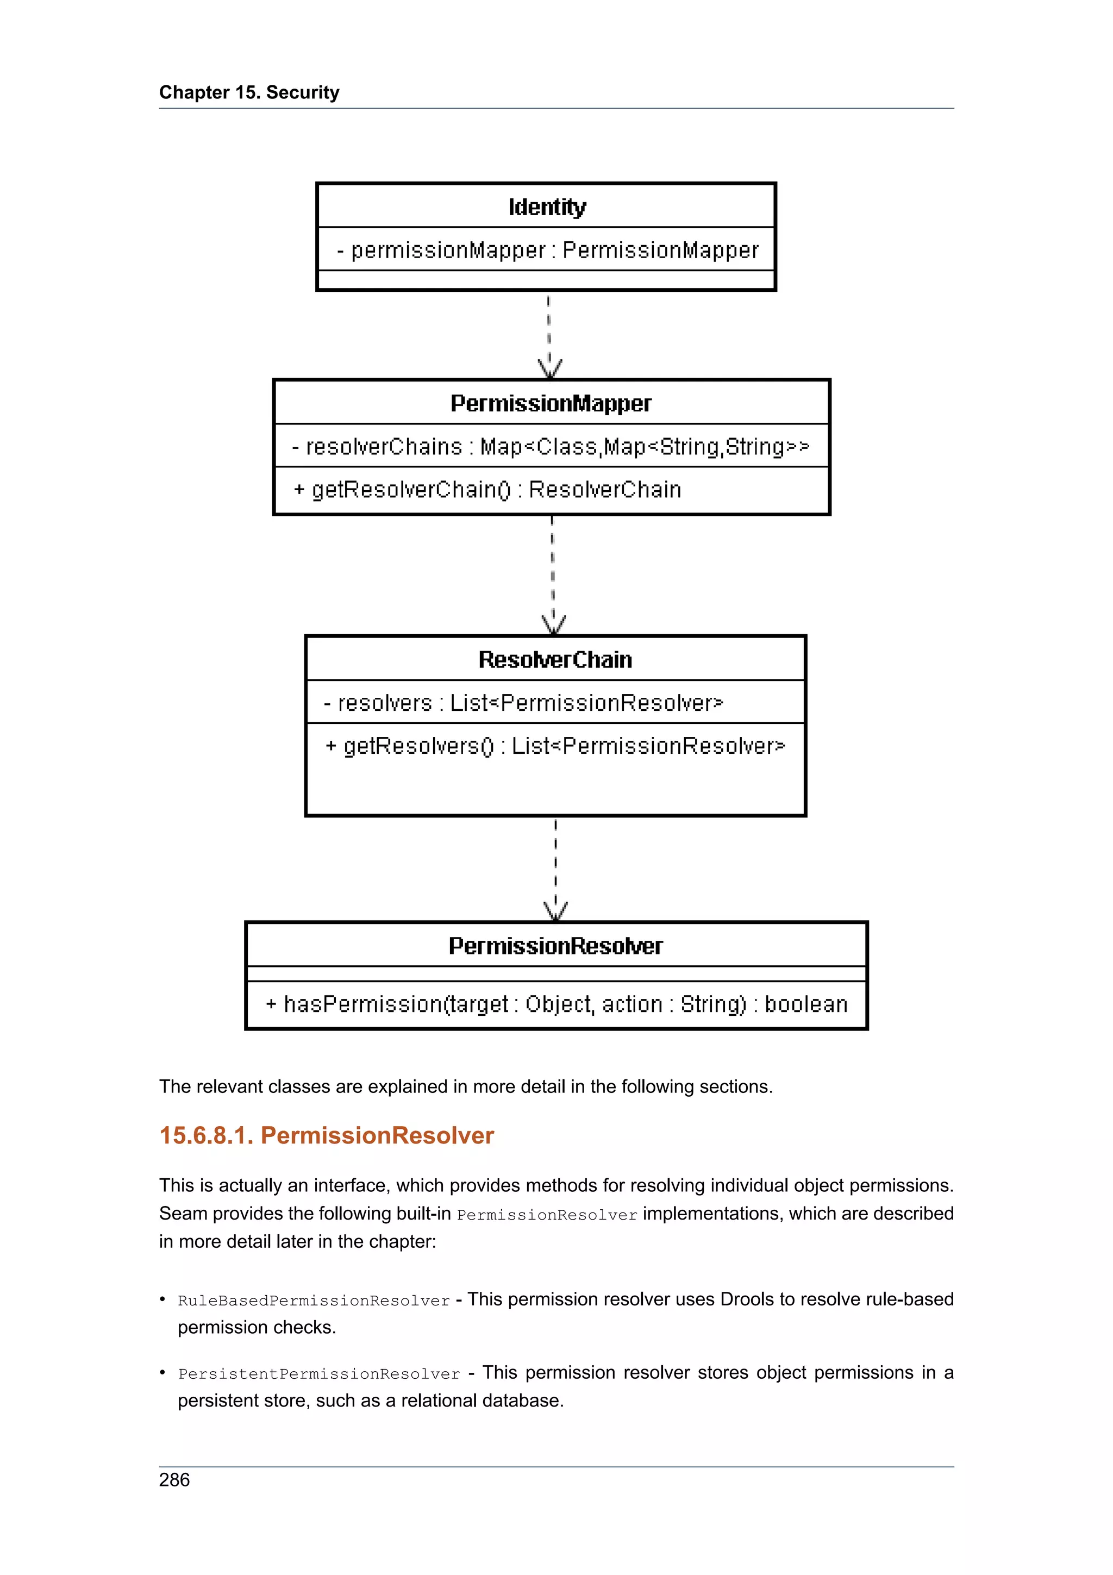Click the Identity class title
(x=547, y=207)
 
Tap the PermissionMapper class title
(x=551, y=403)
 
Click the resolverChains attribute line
(x=551, y=447)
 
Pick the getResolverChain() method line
(x=487, y=490)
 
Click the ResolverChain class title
(x=555, y=659)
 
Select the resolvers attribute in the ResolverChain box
(x=523, y=703)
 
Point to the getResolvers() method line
(x=555, y=746)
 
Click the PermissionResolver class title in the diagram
(x=555, y=946)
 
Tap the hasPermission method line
(x=556, y=1004)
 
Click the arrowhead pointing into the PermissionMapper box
(x=550, y=369)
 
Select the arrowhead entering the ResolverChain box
(x=553, y=625)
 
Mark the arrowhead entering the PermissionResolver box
(x=555, y=911)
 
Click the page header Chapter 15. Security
(x=249, y=92)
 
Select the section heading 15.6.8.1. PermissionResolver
(x=327, y=1135)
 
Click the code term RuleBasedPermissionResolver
(x=314, y=1301)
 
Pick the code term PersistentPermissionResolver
(x=319, y=1374)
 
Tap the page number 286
(x=174, y=1480)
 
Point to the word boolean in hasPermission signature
(x=806, y=1004)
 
